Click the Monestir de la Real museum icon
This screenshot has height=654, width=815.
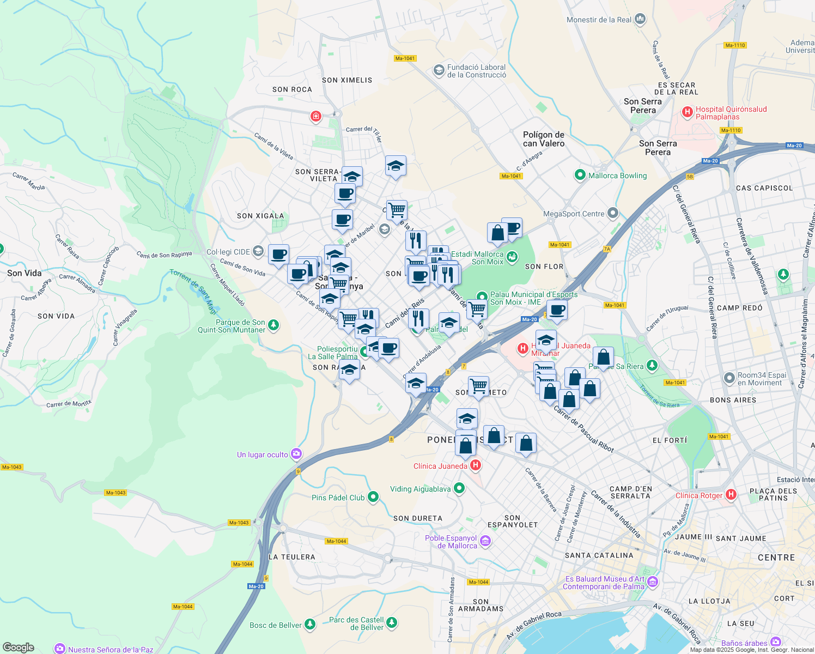[640, 19]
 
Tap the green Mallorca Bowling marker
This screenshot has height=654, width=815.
[580, 175]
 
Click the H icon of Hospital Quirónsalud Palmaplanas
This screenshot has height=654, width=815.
[688, 112]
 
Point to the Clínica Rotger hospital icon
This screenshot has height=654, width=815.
[731, 495]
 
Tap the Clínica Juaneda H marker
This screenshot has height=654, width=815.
[476, 465]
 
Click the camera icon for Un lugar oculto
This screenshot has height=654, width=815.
[296, 453]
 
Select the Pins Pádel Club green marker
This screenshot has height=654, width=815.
[373, 496]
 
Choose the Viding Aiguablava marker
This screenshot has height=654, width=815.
[459, 488]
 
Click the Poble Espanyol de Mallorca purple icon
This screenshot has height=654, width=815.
[485, 541]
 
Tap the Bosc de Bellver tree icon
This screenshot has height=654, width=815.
[310, 624]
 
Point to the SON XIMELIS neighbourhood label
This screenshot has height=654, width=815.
[347, 80]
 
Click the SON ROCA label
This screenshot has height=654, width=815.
[292, 89]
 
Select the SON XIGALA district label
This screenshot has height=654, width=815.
[260, 216]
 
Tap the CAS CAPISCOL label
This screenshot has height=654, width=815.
[764, 188]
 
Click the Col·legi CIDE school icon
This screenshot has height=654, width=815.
[258, 251]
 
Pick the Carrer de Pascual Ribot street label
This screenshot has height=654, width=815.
[583, 429]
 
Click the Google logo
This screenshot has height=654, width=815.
[19, 647]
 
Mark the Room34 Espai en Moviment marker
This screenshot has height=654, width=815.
[729, 378]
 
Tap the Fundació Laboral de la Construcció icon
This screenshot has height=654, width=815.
[439, 70]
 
